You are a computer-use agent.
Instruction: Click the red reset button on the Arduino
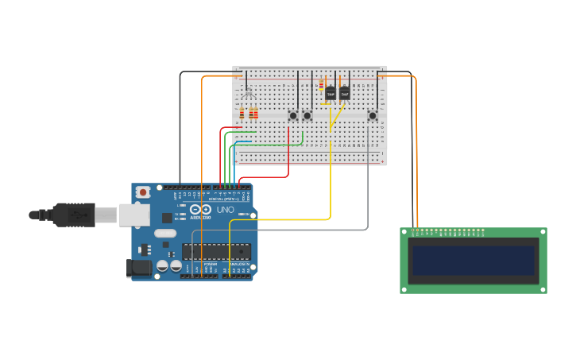click(143, 192)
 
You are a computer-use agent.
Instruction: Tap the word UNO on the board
click(226, 210)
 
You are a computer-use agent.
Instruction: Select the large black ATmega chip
click(216, 251)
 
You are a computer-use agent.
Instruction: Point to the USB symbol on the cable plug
click(77, 214)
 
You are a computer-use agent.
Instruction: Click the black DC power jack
click(139, 269)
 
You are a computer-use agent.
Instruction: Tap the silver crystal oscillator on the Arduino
click(165, 234)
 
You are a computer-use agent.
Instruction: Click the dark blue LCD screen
click(473, 261)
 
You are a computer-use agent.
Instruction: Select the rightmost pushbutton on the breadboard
click(372, 115)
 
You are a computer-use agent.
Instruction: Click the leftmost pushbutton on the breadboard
click(293, 115)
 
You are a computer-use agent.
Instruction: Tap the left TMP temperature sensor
click(330, 93)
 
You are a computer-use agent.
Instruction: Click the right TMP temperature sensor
click(344, 93)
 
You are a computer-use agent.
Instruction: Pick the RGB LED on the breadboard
click(248, 94)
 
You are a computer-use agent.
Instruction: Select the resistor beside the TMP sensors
click(321, 87)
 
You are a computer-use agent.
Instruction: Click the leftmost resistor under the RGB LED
click(242, 114)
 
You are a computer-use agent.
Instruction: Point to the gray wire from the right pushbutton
click(368, 191)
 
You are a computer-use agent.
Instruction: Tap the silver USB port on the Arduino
click(134, 214)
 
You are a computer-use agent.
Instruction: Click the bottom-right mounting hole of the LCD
click(542, 288)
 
